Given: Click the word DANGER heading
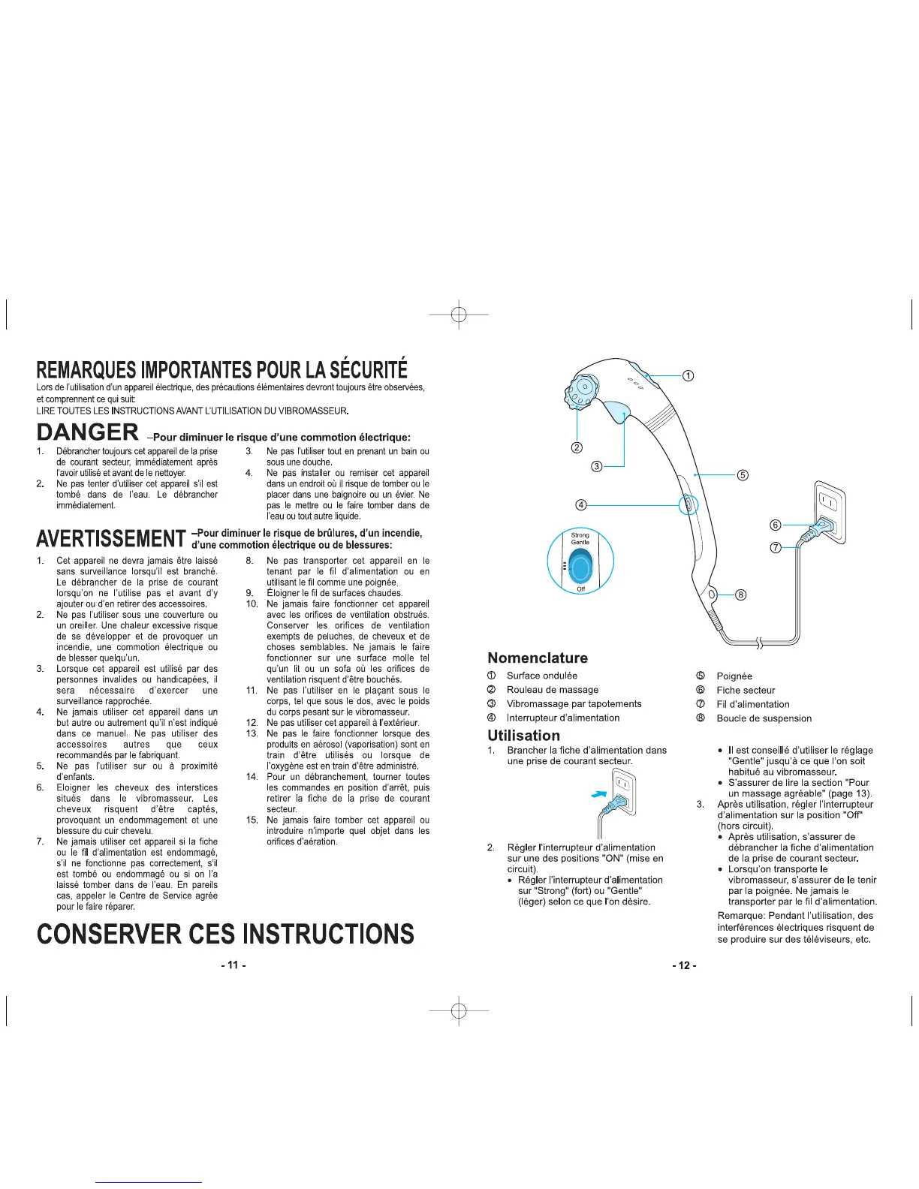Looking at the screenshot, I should tap(88, 432).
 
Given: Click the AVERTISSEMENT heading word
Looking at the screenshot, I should tap(110, 539).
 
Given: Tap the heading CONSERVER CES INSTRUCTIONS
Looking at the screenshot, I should tap(225, 934).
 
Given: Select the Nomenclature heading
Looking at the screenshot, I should tap(538, 658).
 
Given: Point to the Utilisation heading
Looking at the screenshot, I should tap(523, 736).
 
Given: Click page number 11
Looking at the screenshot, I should tap(233, 965).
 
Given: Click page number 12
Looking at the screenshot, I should tap(684, 965).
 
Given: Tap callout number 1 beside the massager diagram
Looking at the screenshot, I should tap(687, 375).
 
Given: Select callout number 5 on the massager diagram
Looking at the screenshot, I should tap(742, 474).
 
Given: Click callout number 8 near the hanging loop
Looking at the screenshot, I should tap(740, 595).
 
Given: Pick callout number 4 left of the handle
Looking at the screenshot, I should tap(581, 504).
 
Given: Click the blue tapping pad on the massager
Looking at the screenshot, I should tap(616, 408).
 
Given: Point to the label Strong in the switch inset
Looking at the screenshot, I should tap(580, 535).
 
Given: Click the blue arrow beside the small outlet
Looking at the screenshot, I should tap(598, 793).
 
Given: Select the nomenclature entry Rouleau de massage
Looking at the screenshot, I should tap(553, 690).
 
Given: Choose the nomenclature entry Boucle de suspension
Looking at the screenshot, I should tap(764, 718).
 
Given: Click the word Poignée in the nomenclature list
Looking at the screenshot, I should tap(734, 676).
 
